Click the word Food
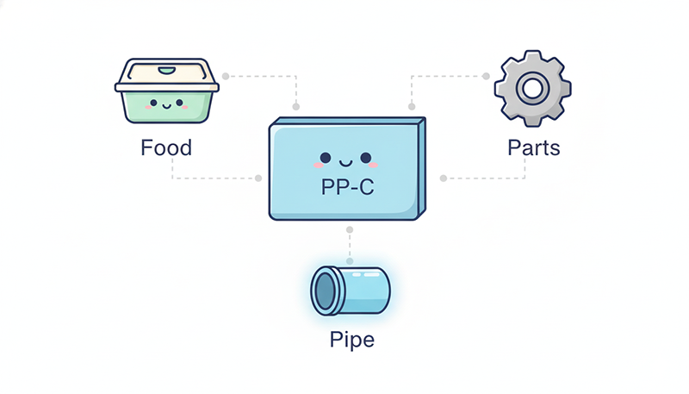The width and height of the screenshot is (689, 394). (165, 147)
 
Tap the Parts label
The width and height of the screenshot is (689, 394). (533, 147)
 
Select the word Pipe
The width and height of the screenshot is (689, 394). (352, 339)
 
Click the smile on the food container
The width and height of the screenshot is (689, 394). (164, 108)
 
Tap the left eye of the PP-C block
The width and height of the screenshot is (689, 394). (324, 158)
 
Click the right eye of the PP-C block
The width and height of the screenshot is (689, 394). (365, 158)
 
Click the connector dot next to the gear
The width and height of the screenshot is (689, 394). (486, 76)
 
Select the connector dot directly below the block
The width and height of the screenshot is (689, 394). (349, 230)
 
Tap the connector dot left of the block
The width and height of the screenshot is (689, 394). (258, 178)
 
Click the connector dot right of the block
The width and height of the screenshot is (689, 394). (444, 178)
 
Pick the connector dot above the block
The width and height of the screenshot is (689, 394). (296, 107)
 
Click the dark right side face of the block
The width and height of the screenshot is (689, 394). (423, 168)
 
